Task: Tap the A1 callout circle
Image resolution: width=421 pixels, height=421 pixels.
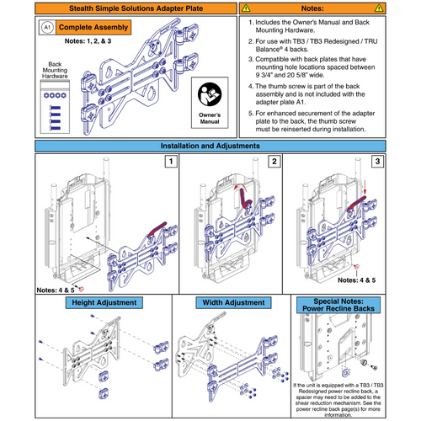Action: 46,28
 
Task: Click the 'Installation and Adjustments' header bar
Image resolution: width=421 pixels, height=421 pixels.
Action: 210,146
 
